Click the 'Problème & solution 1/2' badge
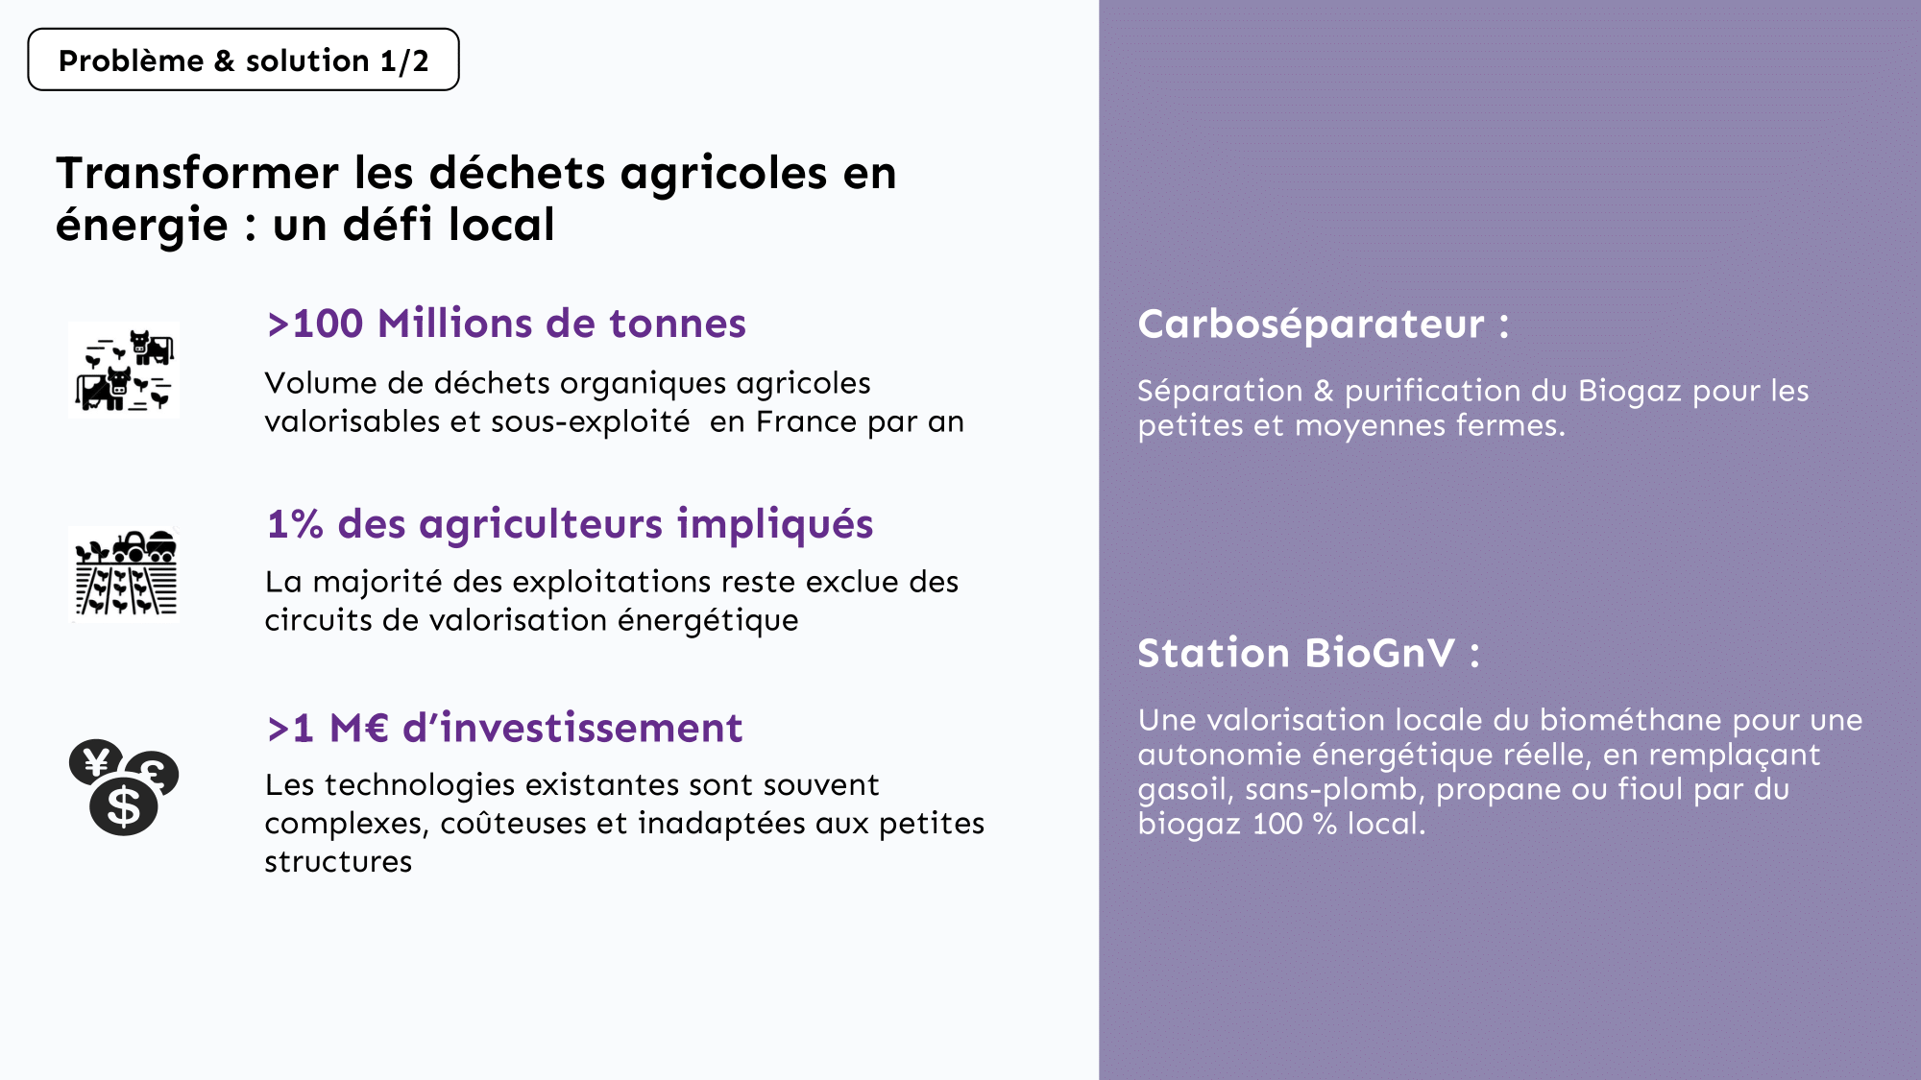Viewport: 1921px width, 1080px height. click(x=243, y=60)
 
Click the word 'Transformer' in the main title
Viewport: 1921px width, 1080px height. click(x=197, y=173)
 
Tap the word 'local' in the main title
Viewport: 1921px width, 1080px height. click(x=501, y=225)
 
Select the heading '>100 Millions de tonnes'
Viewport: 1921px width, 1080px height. click(x=506, y=324)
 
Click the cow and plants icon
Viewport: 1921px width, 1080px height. click(x=124, y=370)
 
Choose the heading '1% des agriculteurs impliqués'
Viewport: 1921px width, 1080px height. click(x=570, y=524)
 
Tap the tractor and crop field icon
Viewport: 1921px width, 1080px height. click(x=125, y=574)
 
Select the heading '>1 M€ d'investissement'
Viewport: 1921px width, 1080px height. click(x=504, y=728)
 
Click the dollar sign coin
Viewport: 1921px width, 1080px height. click(x=124, y=806)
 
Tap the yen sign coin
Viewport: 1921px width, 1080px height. click(x=95, y=763)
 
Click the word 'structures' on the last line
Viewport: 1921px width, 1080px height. click(x=338, y=862)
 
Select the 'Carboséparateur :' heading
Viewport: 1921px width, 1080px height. click(x=1323, y=324)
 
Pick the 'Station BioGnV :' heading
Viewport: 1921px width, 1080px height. click(x=1308, y=653)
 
